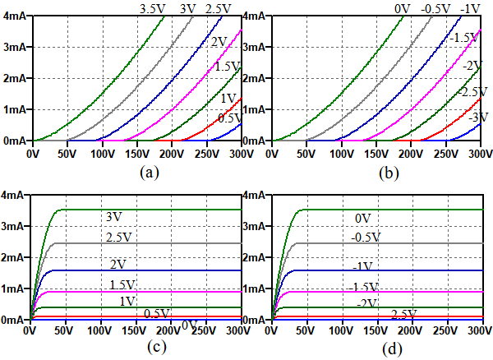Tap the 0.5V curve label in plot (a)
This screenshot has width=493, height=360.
[x=230, y=118]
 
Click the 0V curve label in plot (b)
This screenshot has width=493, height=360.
[x=403, y=8]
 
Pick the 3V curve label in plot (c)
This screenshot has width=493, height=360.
[x=114, y=217]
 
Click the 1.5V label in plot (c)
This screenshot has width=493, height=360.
[x=119, y=284]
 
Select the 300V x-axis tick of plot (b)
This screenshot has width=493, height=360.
[x=480, y=153]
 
